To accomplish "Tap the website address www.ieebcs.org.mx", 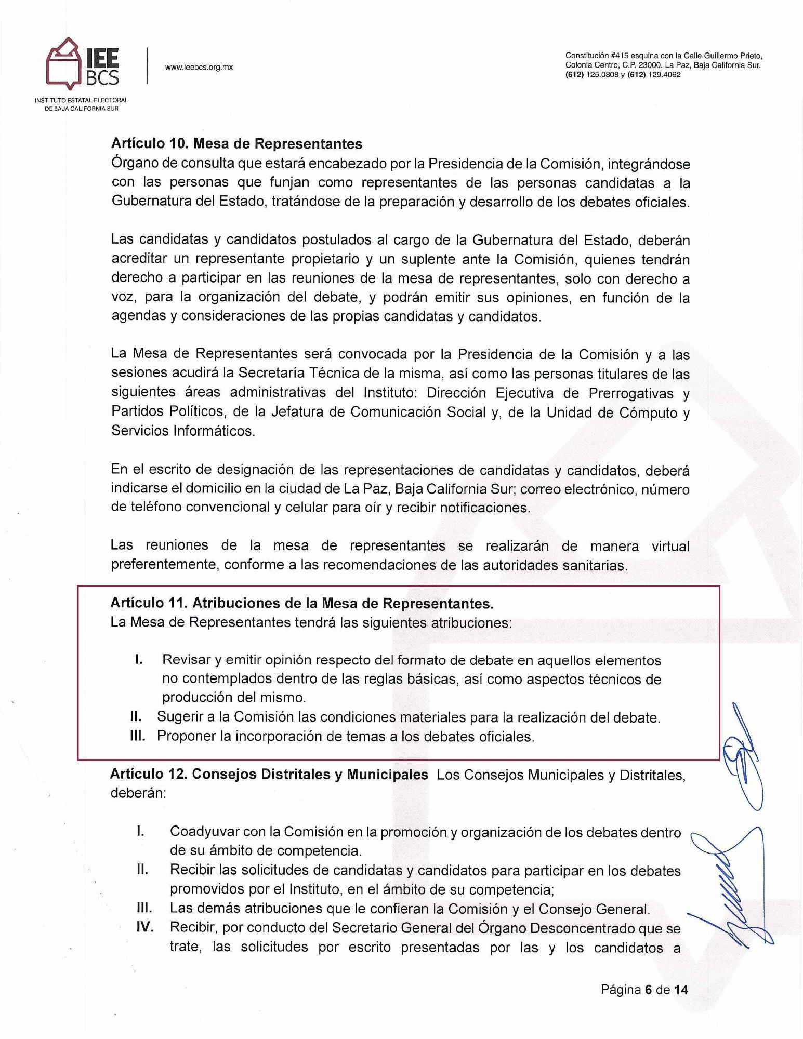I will click(x=199, y=68).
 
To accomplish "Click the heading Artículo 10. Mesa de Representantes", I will click(x=236, y=143).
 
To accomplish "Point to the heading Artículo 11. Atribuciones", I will click(x=301, y=603).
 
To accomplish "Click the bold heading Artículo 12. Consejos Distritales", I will click(x=269, y=775).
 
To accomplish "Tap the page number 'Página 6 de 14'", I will click(x=644, y=990).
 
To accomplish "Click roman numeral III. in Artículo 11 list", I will click(x=139, y=736).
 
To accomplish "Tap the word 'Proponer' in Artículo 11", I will click(x=186, y=736).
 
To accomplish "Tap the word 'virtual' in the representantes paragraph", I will click(x=671, y=546).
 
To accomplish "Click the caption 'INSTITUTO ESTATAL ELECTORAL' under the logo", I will click(x=82, y=100).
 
